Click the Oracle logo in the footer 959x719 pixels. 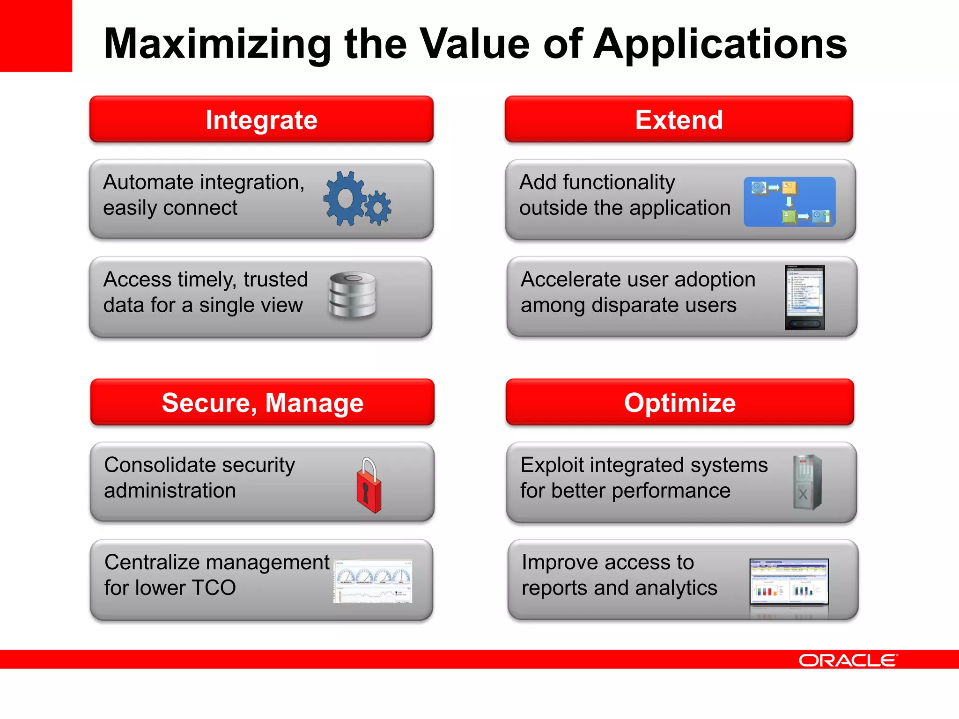click(848, 660)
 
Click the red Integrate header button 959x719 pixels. click(261, 119)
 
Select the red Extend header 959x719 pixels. click(679, 119)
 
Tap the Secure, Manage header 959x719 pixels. click(262, 403)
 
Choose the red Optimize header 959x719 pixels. click(679, 403)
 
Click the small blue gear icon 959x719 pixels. click(377, 208)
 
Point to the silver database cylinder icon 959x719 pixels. click(353, 295)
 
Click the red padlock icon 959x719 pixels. click(369, 487)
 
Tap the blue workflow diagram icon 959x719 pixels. click(789, 202)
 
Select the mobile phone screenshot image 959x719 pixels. click(804, 298)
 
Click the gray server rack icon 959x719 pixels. click(807, 482)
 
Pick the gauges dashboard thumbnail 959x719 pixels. click(373, 581)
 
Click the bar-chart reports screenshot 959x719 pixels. click(789, 582)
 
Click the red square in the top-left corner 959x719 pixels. click(36, 36)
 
